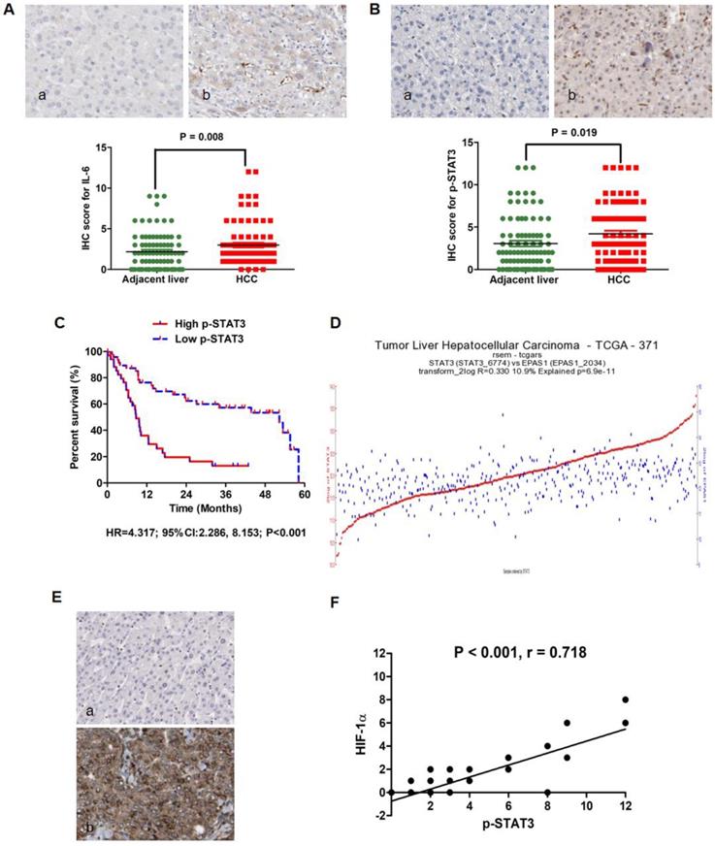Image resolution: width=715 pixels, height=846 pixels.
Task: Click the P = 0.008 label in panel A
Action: click(203, 137)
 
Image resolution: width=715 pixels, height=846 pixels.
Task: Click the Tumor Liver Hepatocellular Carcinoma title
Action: click(515, 346)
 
